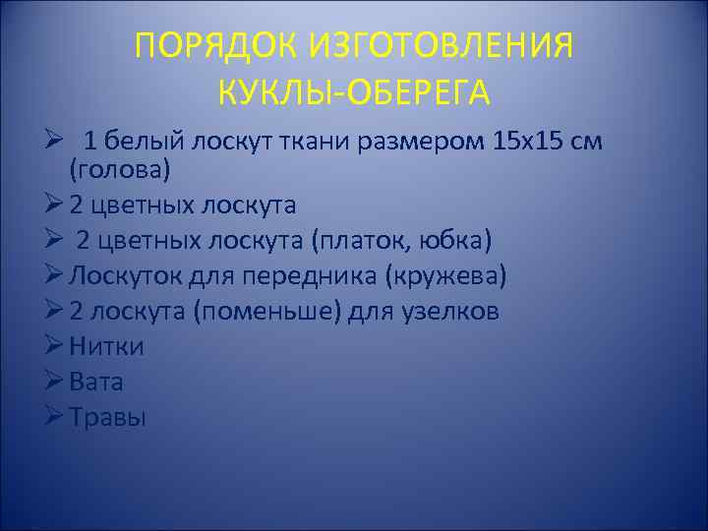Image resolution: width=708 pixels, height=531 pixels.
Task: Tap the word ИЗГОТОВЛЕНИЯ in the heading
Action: coord(442,46)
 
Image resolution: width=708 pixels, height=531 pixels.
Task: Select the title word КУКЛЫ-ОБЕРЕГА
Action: coord(354,93)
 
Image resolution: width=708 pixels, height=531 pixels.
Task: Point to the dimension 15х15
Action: coord(529,141)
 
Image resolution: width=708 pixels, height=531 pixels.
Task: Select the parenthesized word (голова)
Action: coord(119,169)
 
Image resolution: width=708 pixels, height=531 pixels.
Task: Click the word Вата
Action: coord(96,383)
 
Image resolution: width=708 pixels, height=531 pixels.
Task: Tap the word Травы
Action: coord(108,418)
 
